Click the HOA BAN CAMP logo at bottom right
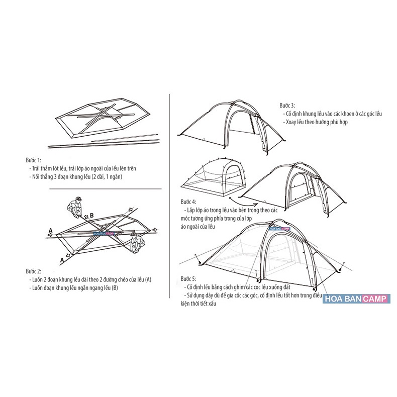355,299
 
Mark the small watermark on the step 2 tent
105,234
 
